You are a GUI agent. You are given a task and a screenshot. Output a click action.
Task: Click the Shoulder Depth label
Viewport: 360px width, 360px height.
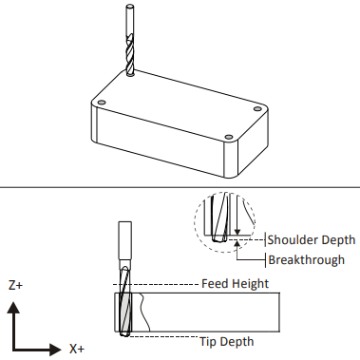click(x=312, y=239)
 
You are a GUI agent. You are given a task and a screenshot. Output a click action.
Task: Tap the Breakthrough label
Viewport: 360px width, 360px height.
click(x=306, y=260)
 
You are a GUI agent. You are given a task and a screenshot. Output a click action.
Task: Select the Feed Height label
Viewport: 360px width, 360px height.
click(x=235, y=284)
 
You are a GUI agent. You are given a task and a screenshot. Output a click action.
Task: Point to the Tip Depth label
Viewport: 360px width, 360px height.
click(x=227, y=342)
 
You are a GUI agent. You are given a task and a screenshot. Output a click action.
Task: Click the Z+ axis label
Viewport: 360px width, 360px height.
click(x=15, y=285)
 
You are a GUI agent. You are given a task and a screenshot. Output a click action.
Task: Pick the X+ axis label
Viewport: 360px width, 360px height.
click(x=77, y=349)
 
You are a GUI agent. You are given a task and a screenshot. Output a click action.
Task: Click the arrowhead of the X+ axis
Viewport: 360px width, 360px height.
click(x=55, y=350)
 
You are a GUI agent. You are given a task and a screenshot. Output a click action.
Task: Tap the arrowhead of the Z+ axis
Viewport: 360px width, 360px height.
click(x=13, y=308)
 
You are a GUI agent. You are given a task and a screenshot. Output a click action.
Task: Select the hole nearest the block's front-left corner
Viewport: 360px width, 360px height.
click(x=102, y=103)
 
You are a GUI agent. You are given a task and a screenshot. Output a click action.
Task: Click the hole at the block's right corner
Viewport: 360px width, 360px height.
click(x=257, y=109)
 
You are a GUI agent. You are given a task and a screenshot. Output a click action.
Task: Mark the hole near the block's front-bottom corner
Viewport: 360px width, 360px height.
click(x=229, y=138)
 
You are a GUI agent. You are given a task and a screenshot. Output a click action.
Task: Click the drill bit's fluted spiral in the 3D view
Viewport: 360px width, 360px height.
click(x=130, y=56)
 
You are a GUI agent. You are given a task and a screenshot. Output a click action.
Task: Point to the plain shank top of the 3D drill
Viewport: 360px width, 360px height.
click(x=129, y=20)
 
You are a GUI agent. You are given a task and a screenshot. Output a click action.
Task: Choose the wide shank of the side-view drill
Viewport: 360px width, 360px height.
click(x=125, y=240)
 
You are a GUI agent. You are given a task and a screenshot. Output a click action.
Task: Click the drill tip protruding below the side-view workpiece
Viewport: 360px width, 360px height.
click(x=125, y=333)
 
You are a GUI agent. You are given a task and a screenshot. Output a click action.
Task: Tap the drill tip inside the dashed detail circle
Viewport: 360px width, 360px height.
click(x=219, y=238)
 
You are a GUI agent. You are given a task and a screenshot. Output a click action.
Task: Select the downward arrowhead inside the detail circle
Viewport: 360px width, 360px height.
click(x=237, y=232)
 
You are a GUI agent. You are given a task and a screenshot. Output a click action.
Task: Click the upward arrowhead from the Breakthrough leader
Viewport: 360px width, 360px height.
click(x=237, y=243)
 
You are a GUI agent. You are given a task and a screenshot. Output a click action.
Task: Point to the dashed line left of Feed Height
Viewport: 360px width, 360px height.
click(x=156, y=284)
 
